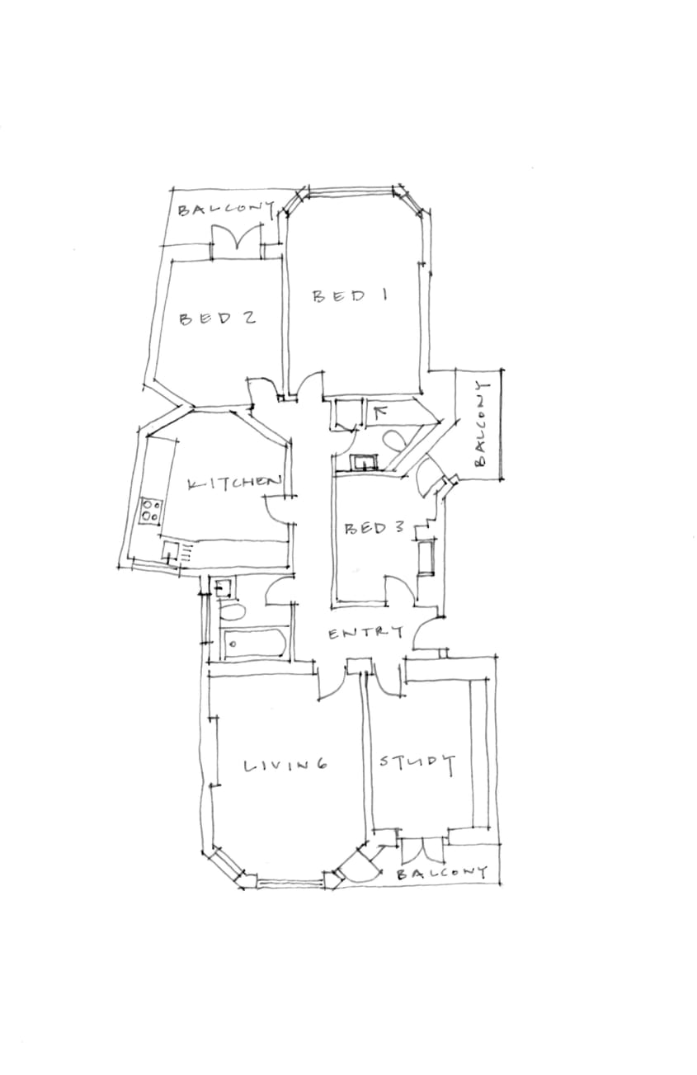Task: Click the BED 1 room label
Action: click(x=350, y=295)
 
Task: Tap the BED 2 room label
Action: click(x=217, y=318)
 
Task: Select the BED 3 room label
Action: click(x=374, y=529)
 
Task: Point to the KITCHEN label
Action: click(x=233, y=483)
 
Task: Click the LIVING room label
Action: click(x=286, y=765)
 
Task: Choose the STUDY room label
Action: click(x=417, y=762)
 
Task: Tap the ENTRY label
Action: click(x=365, y=633)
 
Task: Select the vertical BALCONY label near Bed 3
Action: click(x=481, y=424)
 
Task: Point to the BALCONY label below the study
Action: click(x=442, y=873)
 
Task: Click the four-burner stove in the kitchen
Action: click(x=152, y=511)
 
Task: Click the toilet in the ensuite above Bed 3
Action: click(x=393, y=441)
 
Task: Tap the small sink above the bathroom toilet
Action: click(x=224, y=587)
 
